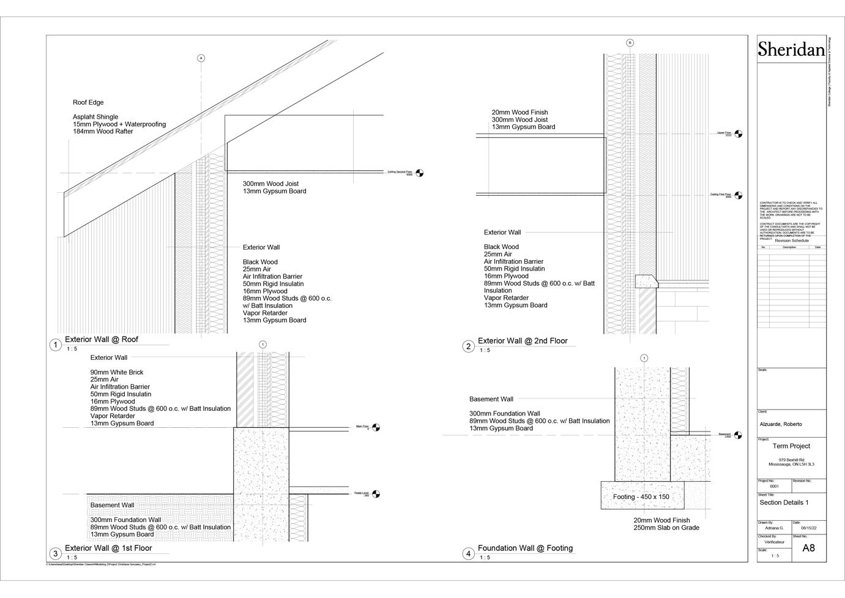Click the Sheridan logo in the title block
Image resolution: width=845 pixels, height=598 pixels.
click(x=791, y=49)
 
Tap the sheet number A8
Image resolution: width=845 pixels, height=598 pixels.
click(x=808, y=548)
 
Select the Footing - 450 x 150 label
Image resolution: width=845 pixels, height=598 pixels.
click(x=641, y=497)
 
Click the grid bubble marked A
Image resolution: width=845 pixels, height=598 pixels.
click(x=201, y=58)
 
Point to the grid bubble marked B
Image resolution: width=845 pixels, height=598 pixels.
click(x=630, y=43)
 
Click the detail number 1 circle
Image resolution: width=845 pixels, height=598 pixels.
click(x=55, y=345)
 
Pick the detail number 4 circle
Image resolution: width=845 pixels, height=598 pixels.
click(x=468, y=554)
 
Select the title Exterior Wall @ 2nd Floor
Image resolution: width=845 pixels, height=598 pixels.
click(x=523, y=341)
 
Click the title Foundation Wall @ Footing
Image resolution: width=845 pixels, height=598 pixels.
click(x=525, y=548)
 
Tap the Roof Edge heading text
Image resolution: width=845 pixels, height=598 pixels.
click(x=88, y=103)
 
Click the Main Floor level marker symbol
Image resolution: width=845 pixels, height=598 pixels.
click(x=376, y=427)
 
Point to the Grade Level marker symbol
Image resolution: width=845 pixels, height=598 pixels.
click(x=376, y=493)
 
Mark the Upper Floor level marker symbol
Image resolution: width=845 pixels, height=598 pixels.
click(x=738, y=133)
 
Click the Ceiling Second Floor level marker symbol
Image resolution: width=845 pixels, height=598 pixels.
click(x=419, y=173)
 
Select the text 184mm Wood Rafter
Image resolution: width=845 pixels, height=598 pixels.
click(x=103, y=132)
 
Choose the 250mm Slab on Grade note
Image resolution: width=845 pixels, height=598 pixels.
click(x=666, y=528)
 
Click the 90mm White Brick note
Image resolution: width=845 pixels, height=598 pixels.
click(x=117, y=372)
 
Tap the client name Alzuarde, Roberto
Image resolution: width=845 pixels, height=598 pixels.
click(x=781, y=424)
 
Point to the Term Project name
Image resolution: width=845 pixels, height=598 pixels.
click(x=791, y=446)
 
